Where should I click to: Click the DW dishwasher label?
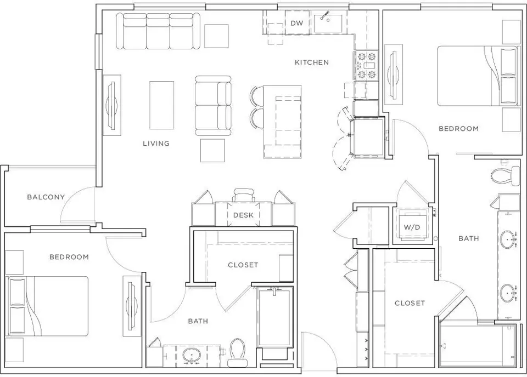(297, 23)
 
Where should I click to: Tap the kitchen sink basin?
(328, 24)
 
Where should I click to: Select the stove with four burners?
(366, 65)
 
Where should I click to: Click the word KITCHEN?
(312, 62)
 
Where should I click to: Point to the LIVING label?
(156, 144)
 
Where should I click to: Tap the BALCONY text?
(46, 197)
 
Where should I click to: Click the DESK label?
(243, 215)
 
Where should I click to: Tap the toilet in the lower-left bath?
(237, 352)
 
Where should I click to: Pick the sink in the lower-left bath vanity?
(192, 355)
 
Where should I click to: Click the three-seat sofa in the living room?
(158, 31)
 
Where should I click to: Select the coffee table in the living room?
(161, 105)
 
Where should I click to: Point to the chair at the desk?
(243, 195)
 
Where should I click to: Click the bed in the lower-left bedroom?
(47, 306)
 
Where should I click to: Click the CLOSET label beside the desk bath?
(243, 265)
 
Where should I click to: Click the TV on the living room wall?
(112, 105)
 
